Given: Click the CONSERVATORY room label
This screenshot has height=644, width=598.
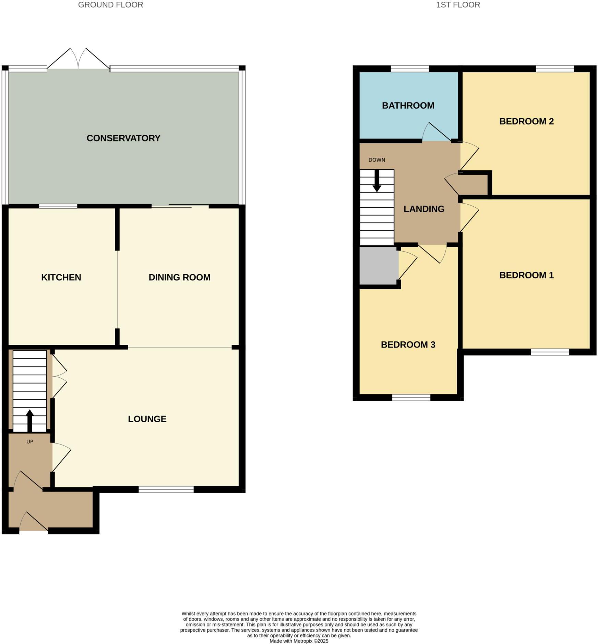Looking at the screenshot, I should pos(123,138).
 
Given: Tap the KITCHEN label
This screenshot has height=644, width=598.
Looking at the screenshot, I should pos(61,277).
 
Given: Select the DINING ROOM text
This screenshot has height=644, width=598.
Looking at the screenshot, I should pos(179,277).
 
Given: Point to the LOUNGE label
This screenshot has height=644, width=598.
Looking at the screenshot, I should pos(147,419).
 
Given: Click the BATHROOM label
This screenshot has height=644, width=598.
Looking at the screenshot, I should pos(408,106).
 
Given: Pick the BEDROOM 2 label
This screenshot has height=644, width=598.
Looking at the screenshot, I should pos(526,121).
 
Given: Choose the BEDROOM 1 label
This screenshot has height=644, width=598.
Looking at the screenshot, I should pos(526,275).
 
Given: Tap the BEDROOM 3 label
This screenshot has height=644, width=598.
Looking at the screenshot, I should pos(408,345).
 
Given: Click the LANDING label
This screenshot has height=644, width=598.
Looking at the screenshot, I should pos(424,209).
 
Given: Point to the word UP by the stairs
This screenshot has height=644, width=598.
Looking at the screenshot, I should pos(30,442).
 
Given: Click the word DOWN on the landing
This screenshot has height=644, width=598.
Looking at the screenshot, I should pos(376,160).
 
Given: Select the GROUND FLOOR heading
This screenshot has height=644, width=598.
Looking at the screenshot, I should pos(110,5).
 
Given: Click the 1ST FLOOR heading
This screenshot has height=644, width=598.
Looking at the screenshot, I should pos(458,5).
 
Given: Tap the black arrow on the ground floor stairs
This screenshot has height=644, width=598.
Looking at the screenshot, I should pos(29,420).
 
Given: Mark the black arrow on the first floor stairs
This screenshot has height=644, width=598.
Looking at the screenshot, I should pos(377,181).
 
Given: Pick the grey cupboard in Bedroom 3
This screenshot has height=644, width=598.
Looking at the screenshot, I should pos(379,265).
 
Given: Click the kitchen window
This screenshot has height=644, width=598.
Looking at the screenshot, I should pos(58,206).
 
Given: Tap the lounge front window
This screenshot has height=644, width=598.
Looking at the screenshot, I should pos(166,489).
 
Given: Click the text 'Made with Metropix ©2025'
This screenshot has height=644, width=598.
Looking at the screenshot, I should pos(299,641).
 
